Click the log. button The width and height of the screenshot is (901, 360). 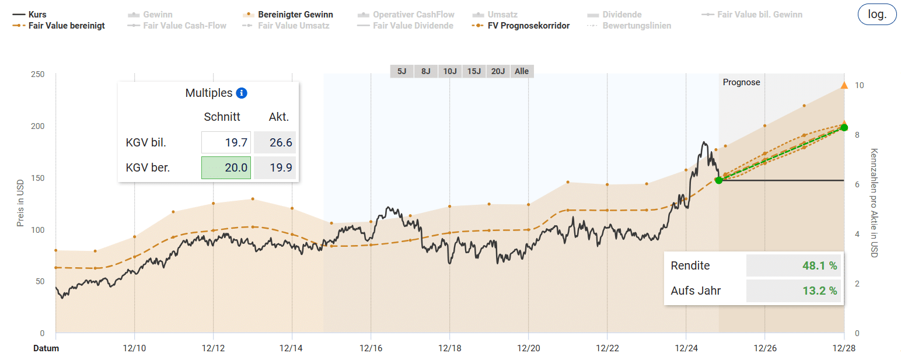click(x=877, y=15)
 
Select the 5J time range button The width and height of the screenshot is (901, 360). click(x=401, y=71)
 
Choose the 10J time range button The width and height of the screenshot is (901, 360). click(x=449, y=71)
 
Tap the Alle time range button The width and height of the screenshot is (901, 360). click(x=521, y=71)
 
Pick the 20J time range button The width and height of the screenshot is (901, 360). click(x=498, y=71)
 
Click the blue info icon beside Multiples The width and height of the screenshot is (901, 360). click(x=242, y=93)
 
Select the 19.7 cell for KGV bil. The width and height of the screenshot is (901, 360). click(x=226, y=143)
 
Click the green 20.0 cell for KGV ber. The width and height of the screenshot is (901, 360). click(x=226, y=168)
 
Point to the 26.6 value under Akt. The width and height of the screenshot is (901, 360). click(x=275, y=143)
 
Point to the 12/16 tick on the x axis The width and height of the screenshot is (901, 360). click(x=371, y=348)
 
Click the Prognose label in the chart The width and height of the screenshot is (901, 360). click(x=741, y=82)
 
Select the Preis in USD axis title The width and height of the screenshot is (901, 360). click(x=20, y=204)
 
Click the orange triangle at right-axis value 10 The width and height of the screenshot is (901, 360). click(x=844, y=86)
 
